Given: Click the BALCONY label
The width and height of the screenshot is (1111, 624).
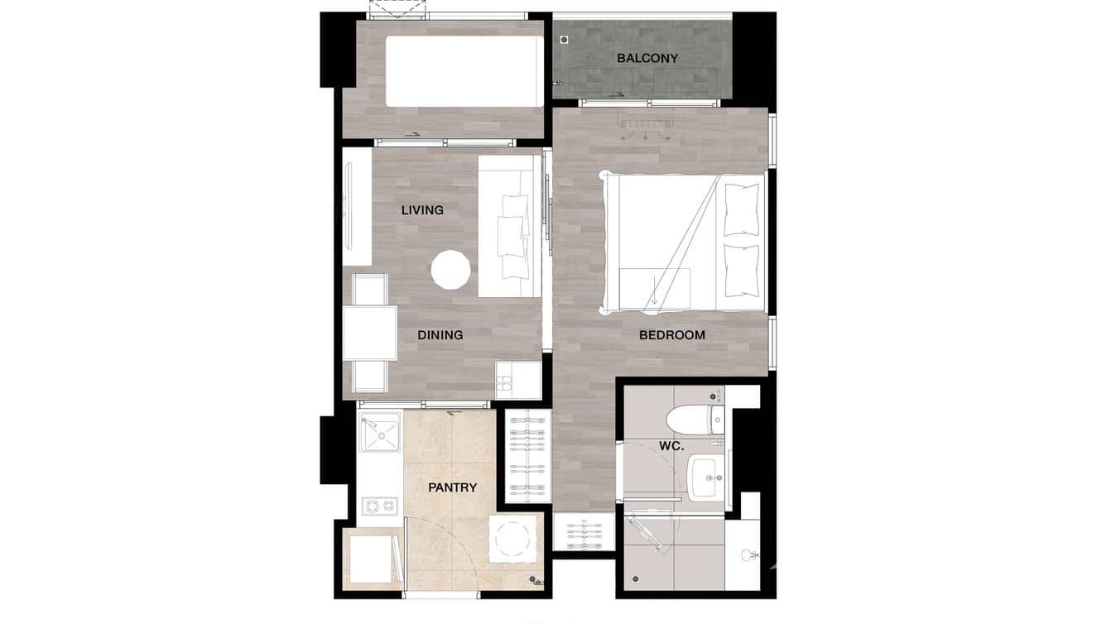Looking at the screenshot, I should coord(647,58).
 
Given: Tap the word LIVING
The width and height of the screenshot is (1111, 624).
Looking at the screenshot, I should coord(422,210).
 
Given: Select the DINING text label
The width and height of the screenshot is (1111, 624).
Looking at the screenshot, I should coord(440,335).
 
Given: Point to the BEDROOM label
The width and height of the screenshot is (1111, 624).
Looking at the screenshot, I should coord(672,335).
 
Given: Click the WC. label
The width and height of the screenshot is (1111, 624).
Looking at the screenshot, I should coord(671,446).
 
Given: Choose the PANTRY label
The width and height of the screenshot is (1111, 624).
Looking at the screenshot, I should coord(452,487).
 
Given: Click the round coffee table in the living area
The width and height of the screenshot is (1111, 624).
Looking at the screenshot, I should coord(451,270).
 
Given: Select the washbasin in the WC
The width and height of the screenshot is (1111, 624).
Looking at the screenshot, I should coord(705,478).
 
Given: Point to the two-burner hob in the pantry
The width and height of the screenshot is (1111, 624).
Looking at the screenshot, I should coord(379,505).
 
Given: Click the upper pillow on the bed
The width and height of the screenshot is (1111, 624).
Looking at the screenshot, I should coord(741,209).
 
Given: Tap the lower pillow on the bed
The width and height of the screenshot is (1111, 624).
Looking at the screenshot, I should coord(741,270).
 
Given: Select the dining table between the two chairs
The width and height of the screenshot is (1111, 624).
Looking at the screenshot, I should coord(370,333).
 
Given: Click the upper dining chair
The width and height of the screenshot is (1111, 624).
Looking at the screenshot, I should coord(369,290).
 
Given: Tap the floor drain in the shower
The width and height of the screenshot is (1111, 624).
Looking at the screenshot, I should coord(635,578).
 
